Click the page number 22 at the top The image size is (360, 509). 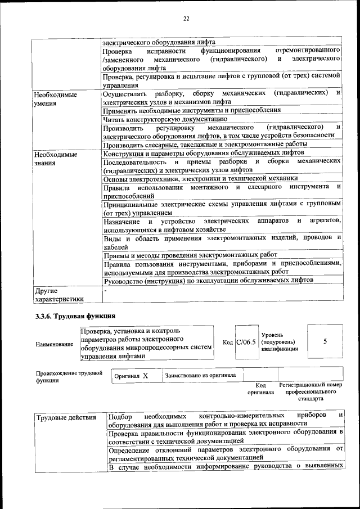pyautogui.click(x=186, y=19)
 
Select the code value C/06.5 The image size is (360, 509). pyautogui.click(x=246, y=341)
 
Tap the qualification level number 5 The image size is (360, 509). pyautogui.click(x=325, y=341)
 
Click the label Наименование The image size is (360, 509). pyautogui.click(x=55, y=344)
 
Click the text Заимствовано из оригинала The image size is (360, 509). pyautogui.click(x=201, y=375)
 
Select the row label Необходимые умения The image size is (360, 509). pyautogui.click(x=55, y=99)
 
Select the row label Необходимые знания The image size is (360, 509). pyautogui.click(x=55, y=158)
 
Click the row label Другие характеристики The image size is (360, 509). pyautogui.click(x=59, y=295)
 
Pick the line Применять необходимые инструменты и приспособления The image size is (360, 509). pyautogui.click(x=192, y=110)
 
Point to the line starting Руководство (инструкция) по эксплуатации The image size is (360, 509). pyautogui.click(x=208, y=280)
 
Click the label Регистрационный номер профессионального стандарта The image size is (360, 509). pyautogui.click(x=310, y=391)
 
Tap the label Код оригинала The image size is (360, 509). pyautogui.click(x=260, y=388)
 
